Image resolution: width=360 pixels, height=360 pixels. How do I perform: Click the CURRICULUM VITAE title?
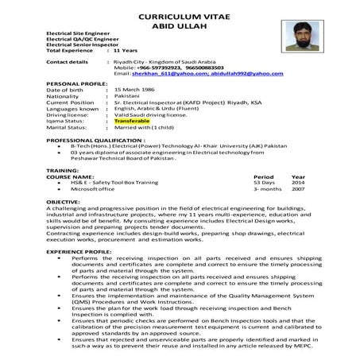(x=180, y=15)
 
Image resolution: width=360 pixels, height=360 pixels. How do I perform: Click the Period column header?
(x=263, y=176)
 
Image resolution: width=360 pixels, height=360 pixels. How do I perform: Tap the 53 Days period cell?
(x=264, y=183)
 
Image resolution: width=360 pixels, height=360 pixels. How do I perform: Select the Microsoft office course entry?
(x=92, y=189)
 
